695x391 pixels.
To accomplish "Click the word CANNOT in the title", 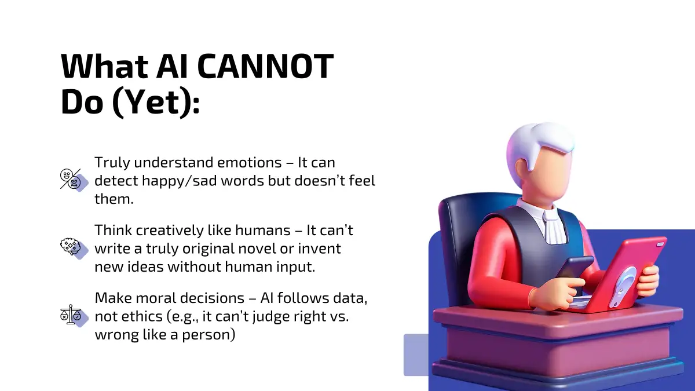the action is click(265, 67).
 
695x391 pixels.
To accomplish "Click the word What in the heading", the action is click(104, 67).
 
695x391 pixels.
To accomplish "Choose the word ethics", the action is click(142, 316).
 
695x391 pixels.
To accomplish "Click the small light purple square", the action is click(416, 355).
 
